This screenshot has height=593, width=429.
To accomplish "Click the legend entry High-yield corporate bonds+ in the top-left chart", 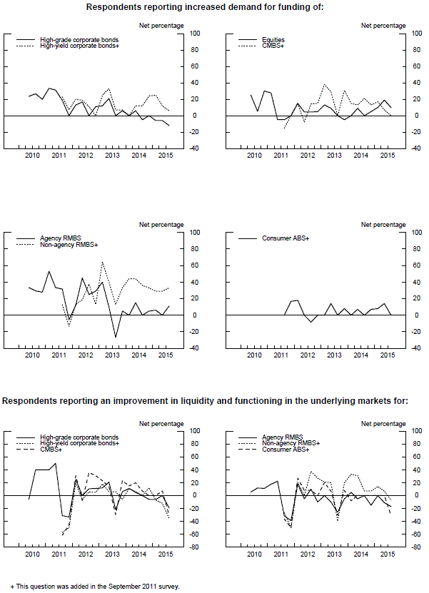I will tap(80, 46).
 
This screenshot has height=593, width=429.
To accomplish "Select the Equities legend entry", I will tap(275, 40).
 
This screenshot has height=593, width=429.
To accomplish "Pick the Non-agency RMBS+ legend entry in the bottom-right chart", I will tap(291, 444).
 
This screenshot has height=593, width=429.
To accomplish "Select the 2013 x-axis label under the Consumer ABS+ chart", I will tap(334, 354).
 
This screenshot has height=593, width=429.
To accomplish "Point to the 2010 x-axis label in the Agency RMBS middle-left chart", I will tap(32, 354).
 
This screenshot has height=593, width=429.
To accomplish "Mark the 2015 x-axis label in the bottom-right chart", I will tap(388, 554).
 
